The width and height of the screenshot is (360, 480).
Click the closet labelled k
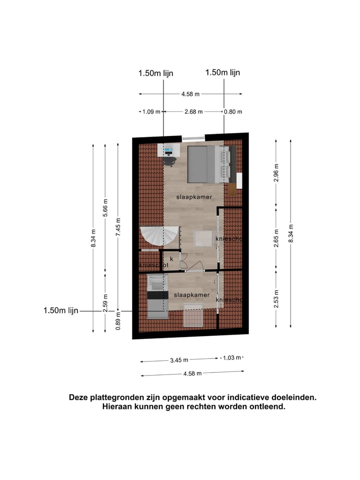point(171,259)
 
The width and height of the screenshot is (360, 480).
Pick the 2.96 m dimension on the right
point(276,172)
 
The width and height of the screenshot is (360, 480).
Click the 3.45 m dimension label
point(179,359)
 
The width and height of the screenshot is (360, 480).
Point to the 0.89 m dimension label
point(118,318)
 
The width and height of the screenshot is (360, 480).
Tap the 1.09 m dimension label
point(151,111)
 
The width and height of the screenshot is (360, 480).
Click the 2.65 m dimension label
point(276,241)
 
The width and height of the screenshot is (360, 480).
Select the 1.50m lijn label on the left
point(61,310)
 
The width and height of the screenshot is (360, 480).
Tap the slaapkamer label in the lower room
point(191,295)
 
